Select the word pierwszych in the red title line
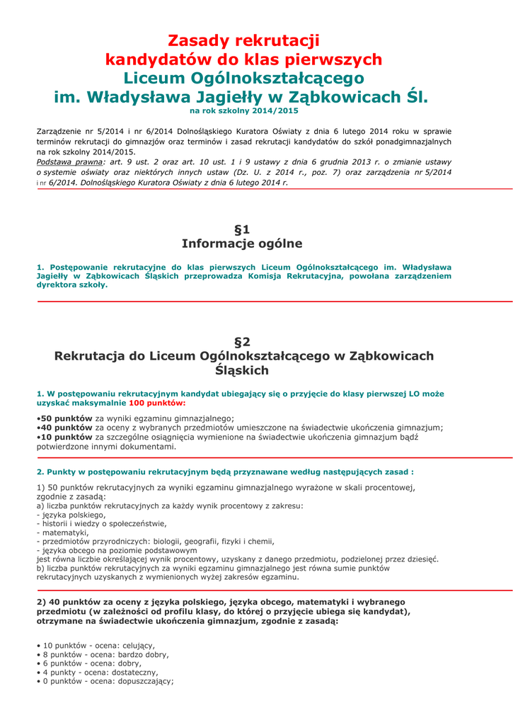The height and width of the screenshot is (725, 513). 342,59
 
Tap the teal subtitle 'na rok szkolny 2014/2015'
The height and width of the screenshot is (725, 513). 243,111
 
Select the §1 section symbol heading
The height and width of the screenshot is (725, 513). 242,229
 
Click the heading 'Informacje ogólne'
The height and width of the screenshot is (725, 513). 242,244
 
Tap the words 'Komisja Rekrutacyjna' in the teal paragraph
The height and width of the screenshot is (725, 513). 291,276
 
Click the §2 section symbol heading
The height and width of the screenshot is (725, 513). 242,341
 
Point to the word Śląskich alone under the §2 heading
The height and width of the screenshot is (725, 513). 242,370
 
